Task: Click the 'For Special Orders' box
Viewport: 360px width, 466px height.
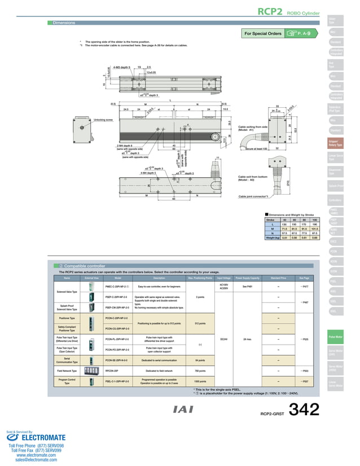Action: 262,34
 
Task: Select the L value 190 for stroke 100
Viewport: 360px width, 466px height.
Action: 315,225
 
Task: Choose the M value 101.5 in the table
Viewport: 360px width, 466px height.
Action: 315,229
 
